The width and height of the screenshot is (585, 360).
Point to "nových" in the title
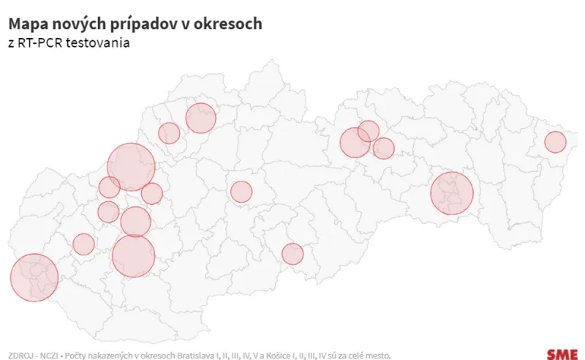(78, 24)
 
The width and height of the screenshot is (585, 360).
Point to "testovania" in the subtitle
(99, 44)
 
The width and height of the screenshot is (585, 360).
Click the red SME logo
(562, 353)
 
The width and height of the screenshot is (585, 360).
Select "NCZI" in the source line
(51, 354)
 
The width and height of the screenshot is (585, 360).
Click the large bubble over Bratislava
(34, 277)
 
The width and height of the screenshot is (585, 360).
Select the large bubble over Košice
(452, 193)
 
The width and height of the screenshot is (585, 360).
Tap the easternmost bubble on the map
(555, 142)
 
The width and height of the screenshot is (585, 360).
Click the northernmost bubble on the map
(201, 118)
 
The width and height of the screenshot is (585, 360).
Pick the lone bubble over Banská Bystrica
(241, 192)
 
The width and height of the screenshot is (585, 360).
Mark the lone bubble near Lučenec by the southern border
(292, 254)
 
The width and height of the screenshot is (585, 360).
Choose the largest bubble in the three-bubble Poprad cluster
(355, 142)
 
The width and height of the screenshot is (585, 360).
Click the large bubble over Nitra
(134, 255)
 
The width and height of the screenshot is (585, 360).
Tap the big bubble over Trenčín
(132, 167)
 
